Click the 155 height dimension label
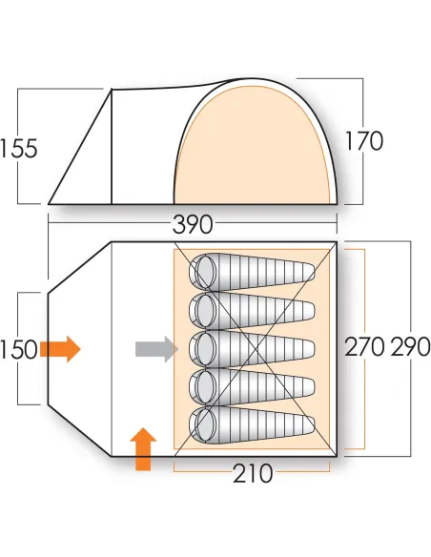coord(19,149)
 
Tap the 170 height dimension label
coord(364,141)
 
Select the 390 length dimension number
coord(193,224)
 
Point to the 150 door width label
coord(19,349)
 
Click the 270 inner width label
coord(364,347)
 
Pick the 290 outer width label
coord(411,347)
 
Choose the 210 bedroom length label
coord(253,473)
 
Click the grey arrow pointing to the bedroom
coord(156,349)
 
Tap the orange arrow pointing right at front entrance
coord(60,349)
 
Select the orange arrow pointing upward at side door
coord(143,449)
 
